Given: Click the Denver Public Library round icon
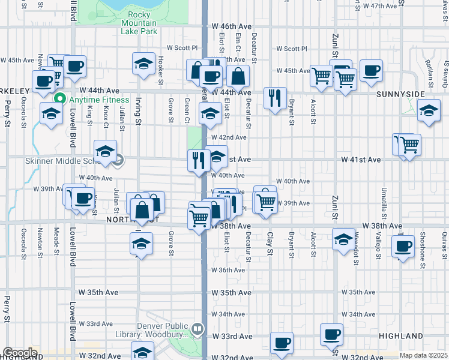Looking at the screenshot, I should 197,328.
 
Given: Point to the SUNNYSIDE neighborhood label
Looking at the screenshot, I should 400,95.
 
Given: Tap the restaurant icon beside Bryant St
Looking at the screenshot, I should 274,98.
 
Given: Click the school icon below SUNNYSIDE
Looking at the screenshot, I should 429,111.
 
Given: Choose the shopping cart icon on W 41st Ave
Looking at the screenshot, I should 409,144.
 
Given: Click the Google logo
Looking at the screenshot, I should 20,353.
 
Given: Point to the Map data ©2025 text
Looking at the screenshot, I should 423,355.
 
